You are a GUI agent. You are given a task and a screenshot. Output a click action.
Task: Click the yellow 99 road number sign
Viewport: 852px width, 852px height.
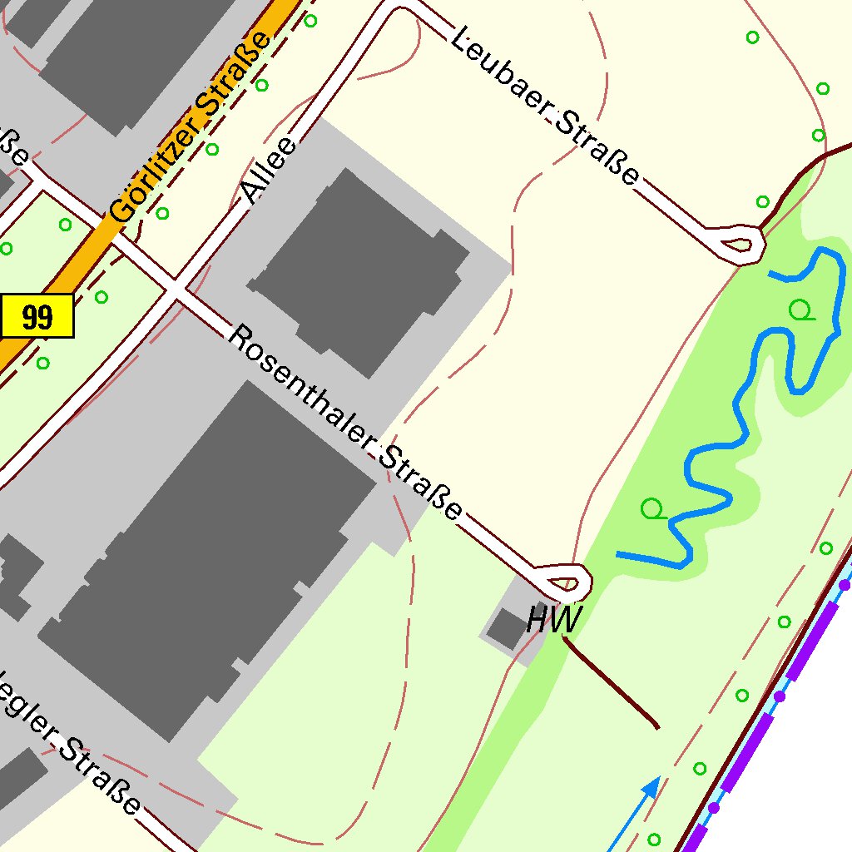click(x=37, y=316)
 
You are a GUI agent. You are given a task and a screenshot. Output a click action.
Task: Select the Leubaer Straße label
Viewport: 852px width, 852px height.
click(x=545, y=106)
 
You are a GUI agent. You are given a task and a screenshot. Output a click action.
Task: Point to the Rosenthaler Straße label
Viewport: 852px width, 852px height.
click(x=344, y=421)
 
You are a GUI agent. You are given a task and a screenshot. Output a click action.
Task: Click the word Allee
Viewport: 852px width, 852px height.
click(x=270, y=171)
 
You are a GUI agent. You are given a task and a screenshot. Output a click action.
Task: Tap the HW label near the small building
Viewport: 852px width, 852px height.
click(x=554, y=620)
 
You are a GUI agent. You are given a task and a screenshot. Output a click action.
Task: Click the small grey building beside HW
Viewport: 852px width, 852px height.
click(x=506, y=629)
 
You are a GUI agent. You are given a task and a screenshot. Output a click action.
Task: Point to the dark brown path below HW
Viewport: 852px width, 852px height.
click(x=612, y=684)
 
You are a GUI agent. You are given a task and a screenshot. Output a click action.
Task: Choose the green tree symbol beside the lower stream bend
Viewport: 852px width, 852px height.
click(x=653, y=508)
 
